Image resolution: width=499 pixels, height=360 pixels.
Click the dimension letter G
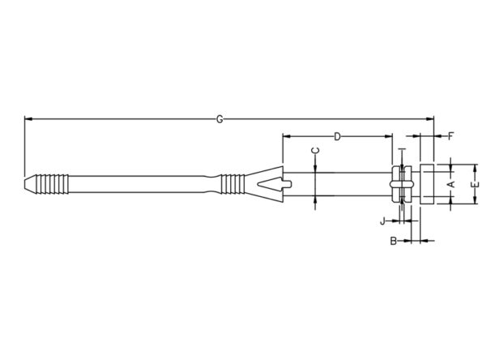[x=220, y=119]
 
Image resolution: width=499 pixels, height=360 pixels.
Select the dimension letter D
[x=337, y=137]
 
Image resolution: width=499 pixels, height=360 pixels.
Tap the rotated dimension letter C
[x=315, y=151]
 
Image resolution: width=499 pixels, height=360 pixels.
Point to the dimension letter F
[x=450, y=137]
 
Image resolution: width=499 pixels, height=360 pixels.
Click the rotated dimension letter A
[x=451, y=184]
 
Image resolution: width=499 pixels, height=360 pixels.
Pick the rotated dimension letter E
[x=475, y=185]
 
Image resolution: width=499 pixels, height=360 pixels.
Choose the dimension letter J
[x=383, y=221]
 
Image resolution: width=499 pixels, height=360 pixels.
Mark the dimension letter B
[x=394, y=241]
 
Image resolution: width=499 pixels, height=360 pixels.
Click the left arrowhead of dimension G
[x=28, y=119]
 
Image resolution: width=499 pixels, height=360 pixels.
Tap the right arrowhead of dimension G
[x=430, y=119]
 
